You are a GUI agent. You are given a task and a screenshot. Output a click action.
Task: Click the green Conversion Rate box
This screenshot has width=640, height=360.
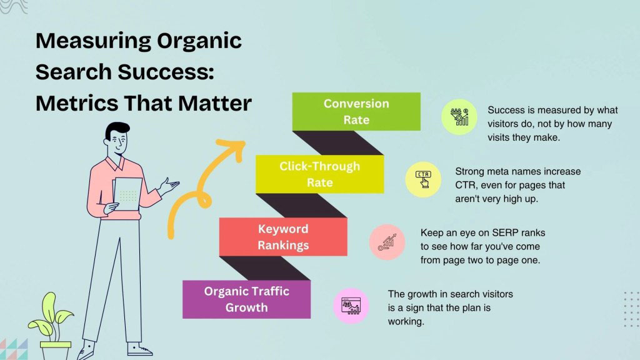click(356, 111)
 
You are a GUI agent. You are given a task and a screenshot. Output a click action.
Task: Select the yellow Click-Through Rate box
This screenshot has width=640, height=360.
click(319, 174)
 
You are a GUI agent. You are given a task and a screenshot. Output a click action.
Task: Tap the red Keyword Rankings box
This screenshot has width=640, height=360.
click(283, 237)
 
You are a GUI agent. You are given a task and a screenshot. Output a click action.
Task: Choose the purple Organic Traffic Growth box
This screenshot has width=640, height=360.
click(246, 299)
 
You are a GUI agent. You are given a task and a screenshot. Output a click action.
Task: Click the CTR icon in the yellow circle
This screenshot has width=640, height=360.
click(423, 179)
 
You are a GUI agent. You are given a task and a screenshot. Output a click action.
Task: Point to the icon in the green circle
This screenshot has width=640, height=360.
click(459, 117)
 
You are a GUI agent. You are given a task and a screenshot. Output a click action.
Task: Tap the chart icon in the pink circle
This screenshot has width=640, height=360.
click(387, 242)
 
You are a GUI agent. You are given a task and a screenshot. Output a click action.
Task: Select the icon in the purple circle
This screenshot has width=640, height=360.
click(351, 306)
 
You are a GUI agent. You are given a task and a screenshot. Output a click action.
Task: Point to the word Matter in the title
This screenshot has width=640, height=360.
click(212, 102)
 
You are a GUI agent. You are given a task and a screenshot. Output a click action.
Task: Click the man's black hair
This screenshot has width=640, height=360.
click(116, 130)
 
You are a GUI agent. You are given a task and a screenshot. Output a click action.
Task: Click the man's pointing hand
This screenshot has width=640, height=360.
click(169, 186)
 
